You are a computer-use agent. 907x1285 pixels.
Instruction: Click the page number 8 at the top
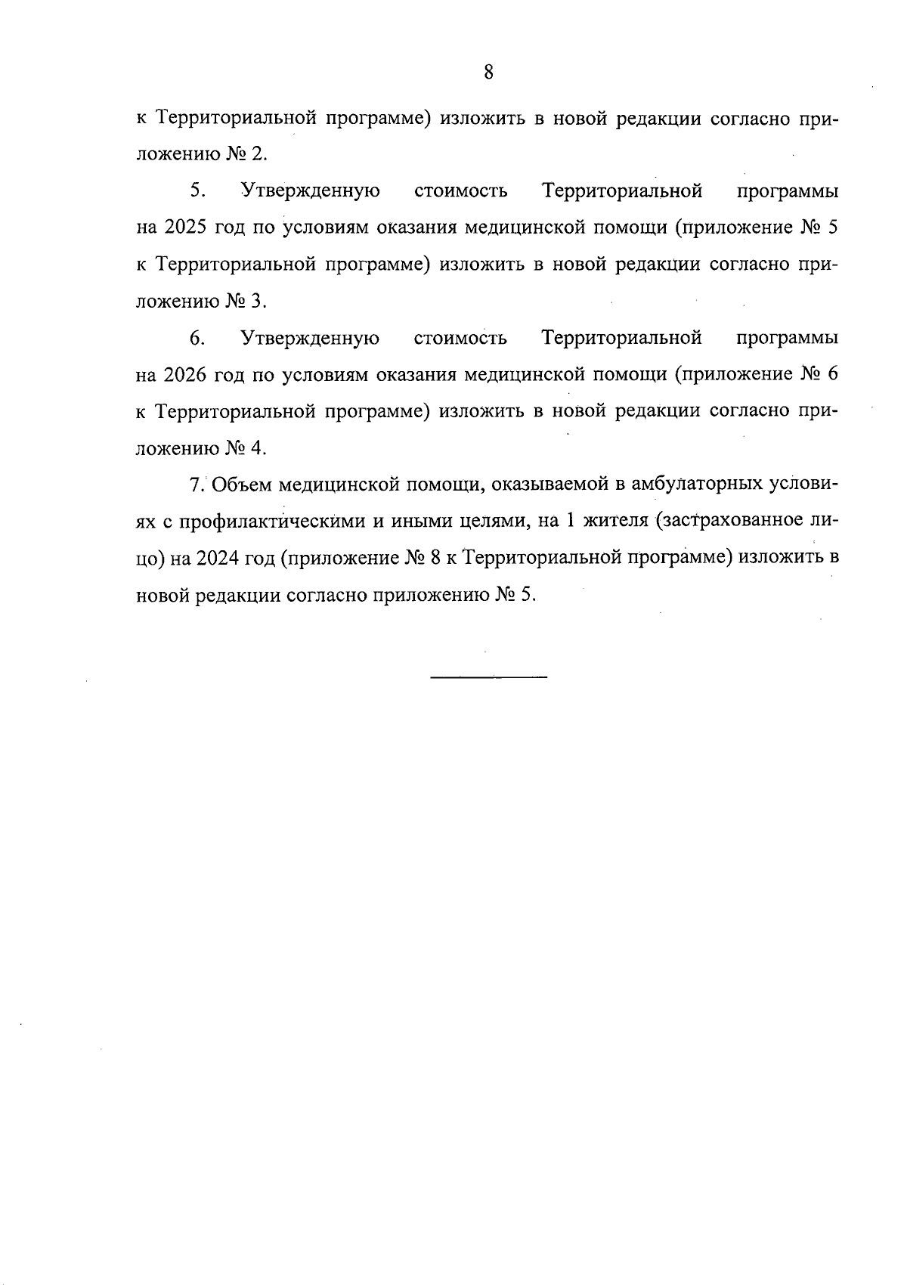pyautogui.click(x=488, y=73)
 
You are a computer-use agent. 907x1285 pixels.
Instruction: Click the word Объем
pyautogui.click(x=241, y=485)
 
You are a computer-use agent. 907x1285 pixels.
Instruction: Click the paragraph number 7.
pyautogui.click(x=195, y=485)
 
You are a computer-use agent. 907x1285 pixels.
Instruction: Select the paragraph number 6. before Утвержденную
pyautogui.click(x=197, y=338)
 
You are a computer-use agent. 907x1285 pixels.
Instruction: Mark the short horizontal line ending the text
pyautogui.click(x=488, y=675)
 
